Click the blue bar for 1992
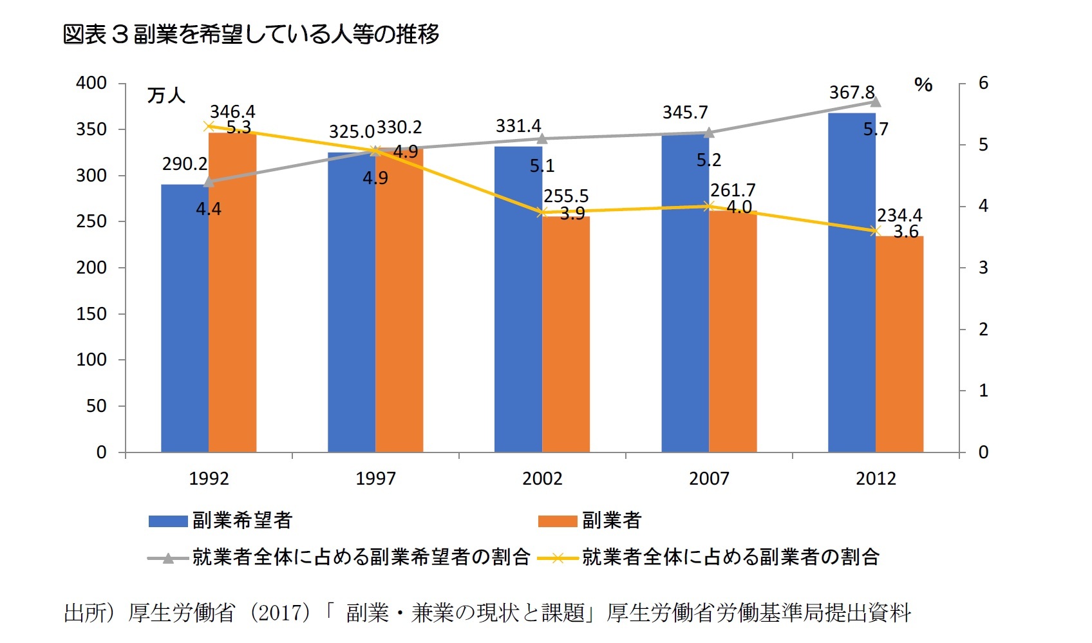[185, 319]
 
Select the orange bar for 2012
[899, 344]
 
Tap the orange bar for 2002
[566, 335]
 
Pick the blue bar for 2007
[685, 293]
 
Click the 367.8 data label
[851, 93]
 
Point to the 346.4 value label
[232, 112]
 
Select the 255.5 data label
[566, 196]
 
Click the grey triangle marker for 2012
[876, 101]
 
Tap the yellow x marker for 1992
[209, 126]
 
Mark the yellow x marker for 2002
[542, 212]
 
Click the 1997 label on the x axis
[375, 478]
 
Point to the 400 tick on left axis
[91, 83]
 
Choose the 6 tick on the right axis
[983, 83]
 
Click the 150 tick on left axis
[91, 313]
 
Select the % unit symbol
[923, 85]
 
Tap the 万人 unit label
[166, 96]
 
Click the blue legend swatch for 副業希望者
[168, 521]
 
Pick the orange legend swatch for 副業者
[558, 521]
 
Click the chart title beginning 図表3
[251, 34]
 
